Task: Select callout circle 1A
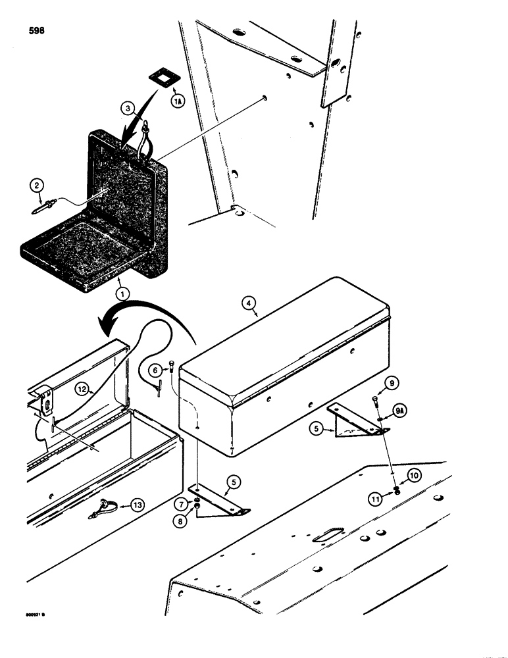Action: (177, 101)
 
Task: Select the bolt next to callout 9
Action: (375, 401)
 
